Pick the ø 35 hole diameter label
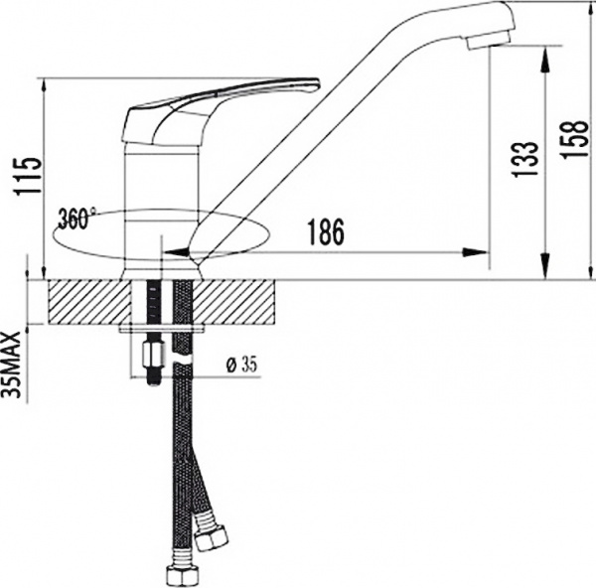tap(241, 365)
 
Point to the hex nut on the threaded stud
tap(153, 355)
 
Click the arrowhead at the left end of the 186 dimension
tap(171, 252)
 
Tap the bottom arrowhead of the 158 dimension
tap(544, 270)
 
